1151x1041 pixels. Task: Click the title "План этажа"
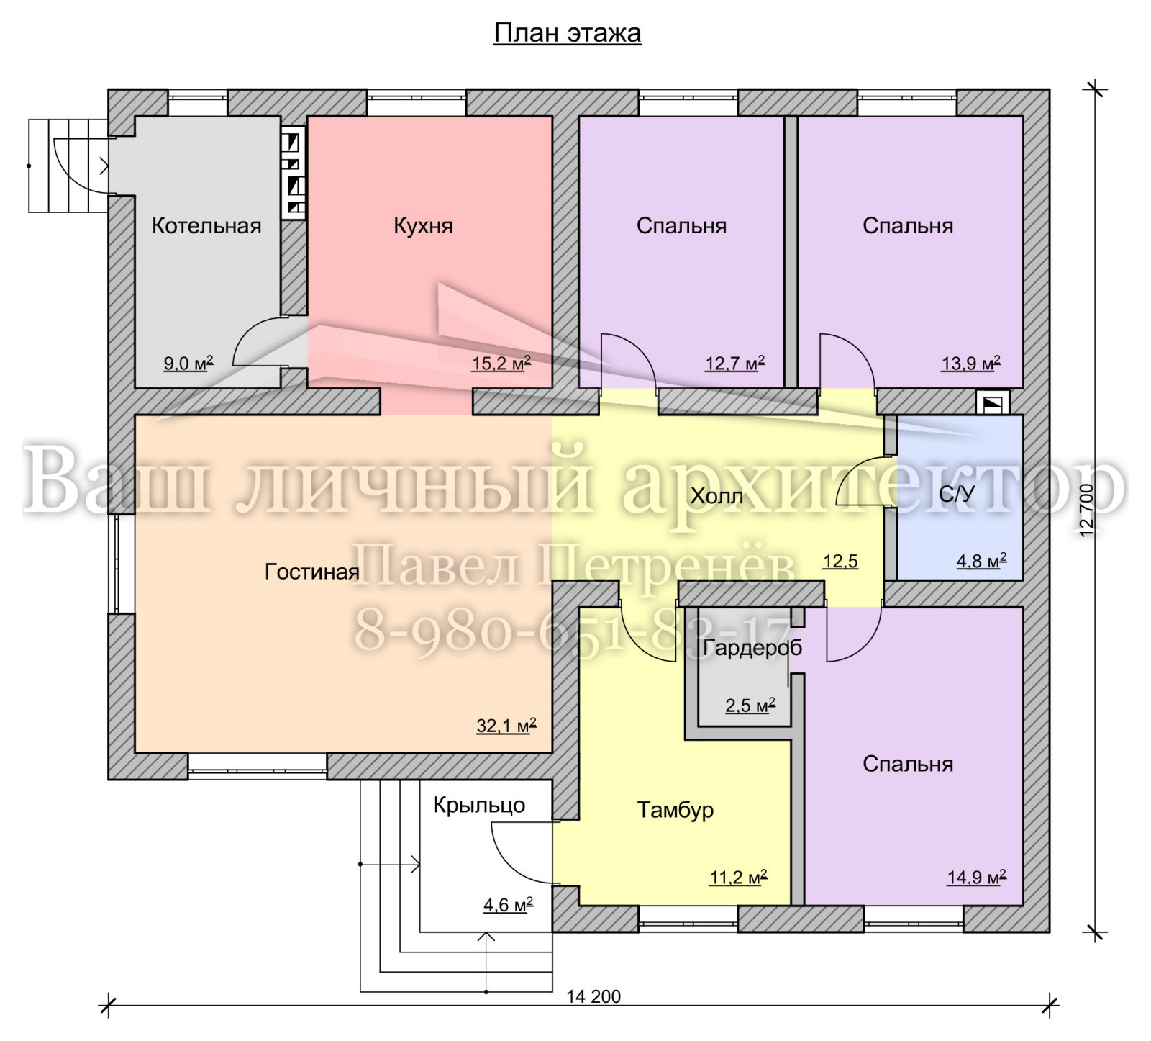[x=567, y=34]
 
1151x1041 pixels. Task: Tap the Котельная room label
[x=206, y=226]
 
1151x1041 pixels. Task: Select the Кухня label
[x=423, y=227]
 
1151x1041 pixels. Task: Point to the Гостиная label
[x=312, y=572]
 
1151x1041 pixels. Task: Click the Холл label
[x=717, y=496]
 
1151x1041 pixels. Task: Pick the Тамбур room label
[x=675, y=811]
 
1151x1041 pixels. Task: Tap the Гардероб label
[x=752, y=649]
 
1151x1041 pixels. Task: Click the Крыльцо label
[x=479, y=806]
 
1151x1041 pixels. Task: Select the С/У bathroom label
[x=957, y=494]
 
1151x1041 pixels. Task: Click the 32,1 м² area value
[x=506, y=726]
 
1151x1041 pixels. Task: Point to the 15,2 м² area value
[x=501, y=363]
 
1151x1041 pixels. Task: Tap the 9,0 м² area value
[x=188, y=363]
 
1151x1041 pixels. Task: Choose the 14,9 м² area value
[x=976, y=877]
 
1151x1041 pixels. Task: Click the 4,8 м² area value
[x=981, y=561]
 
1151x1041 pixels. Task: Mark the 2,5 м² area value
[x=750, y=705]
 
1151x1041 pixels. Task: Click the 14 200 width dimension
[x=593, y=996]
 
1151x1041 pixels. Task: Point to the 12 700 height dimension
[x=1086, y=510]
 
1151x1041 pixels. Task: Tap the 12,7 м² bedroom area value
[x=734, y=363]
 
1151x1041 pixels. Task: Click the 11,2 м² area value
[x=739, y=877]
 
